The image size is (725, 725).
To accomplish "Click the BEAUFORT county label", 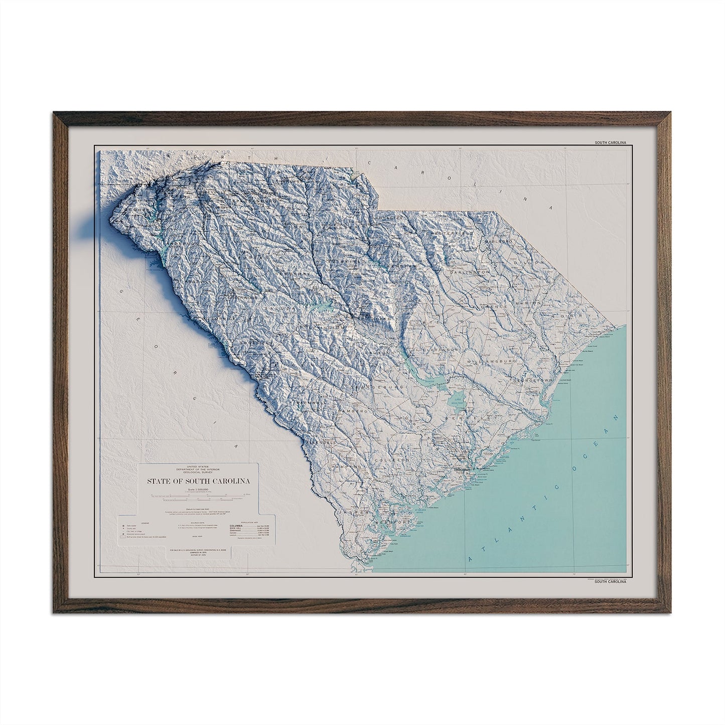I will [393, 508].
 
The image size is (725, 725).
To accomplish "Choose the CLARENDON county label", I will [440, 349].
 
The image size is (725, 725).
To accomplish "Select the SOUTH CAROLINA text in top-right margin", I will [611, 142].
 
